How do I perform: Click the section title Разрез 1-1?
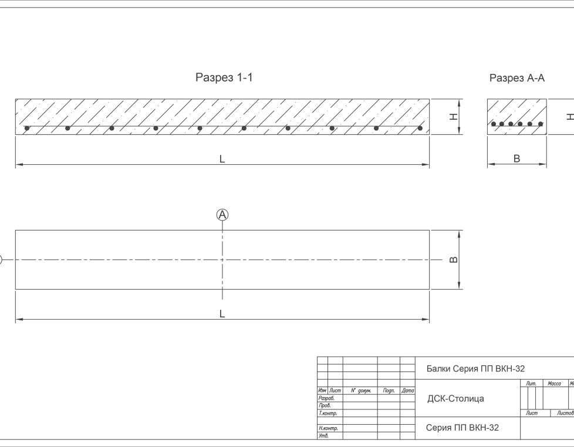[x=224, y=77]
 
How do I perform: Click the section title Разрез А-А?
[x=517, y=78]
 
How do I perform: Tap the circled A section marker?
[x=222, y=215]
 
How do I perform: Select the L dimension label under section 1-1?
[x=222, y=159]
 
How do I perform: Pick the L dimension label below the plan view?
[x=222, y=314]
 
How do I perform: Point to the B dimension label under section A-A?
[x=516, y=158]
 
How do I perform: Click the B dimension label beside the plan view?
[x=454, y=259]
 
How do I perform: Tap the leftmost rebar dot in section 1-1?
[x=26, y=128]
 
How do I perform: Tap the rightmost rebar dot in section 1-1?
[x=420, y=128]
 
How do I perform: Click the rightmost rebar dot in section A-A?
[x=540, y=124]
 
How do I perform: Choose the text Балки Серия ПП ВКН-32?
[x=475, y=368]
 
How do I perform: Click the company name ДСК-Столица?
[x=455, y=399]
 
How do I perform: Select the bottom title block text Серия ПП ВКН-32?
[x=462, y=428]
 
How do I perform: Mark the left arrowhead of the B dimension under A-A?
[x=489, y=165]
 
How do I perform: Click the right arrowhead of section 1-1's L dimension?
[x=428, y=166]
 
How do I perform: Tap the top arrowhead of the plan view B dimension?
[x=460, y=232]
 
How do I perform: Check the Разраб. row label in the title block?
[x=326, y=398]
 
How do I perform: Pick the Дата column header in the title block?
[x=408, y=391]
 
